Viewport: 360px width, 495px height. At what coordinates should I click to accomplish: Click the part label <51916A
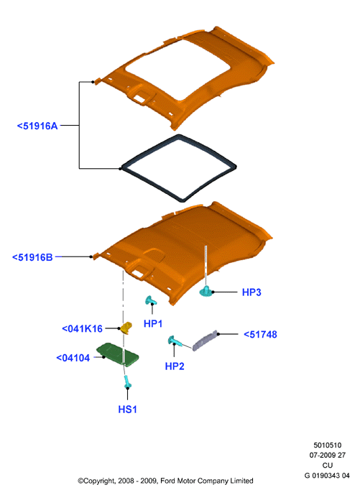[37, 126]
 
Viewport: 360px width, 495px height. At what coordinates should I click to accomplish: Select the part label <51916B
[32, 257]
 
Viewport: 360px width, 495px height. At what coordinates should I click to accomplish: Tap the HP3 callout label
[251, 292]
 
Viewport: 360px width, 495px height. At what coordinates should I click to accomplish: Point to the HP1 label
[153, 323]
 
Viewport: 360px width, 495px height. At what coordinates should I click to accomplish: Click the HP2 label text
[175, 366]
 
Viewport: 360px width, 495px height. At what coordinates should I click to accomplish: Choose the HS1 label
[128, 410]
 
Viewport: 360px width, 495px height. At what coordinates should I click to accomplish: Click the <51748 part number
[261, 334]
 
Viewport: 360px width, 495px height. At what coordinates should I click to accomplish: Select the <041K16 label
[82, 329]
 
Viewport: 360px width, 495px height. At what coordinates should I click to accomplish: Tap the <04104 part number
[73, 358]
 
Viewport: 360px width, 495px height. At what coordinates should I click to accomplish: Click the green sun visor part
[117, 354]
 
